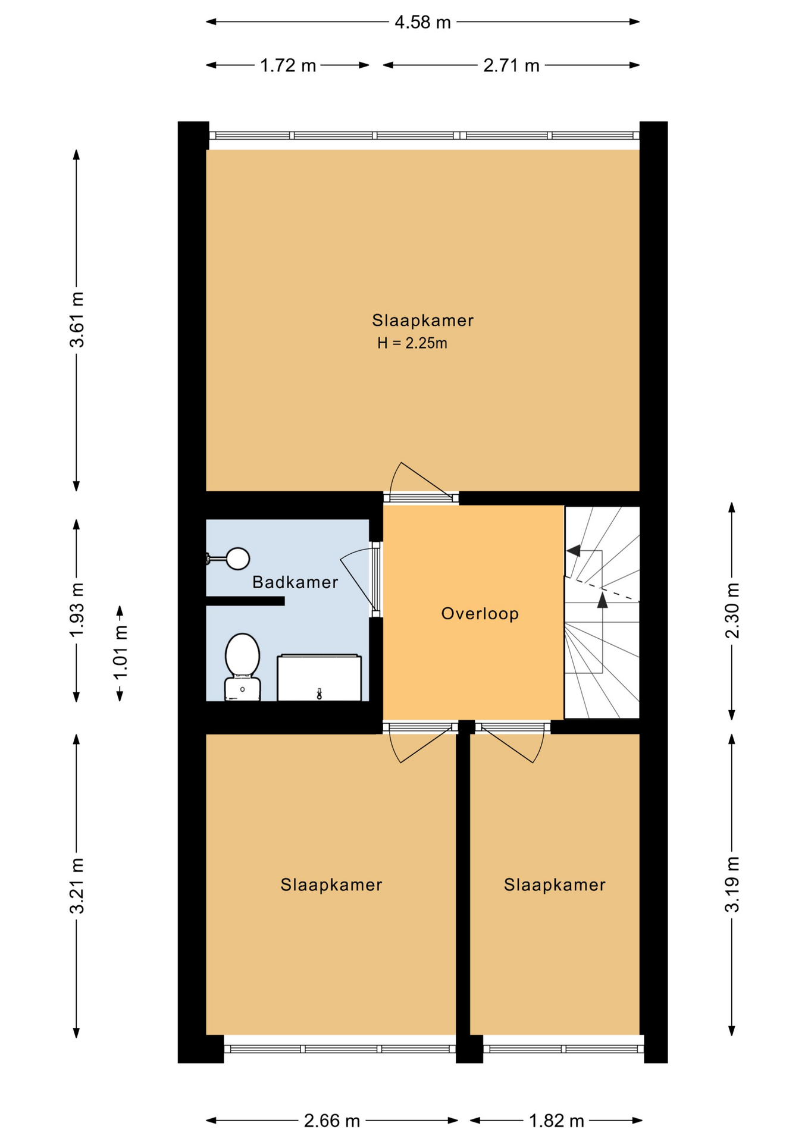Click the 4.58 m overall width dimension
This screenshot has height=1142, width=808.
[423, 23]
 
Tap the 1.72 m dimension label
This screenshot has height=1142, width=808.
[288, 65]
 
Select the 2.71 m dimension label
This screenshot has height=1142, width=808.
[511, 65]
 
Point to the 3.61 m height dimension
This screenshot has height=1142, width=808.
[77, 319]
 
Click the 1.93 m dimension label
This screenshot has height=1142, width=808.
[77, 610]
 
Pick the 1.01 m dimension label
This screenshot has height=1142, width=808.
[120, 652]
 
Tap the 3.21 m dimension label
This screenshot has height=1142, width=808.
[77, 886]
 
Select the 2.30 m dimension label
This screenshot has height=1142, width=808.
[732, 610]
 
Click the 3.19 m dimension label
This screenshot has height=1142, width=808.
[732, 884]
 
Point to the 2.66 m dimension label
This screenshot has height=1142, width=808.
[332, 1121]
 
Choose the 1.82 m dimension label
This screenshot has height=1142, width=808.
[557, 1121]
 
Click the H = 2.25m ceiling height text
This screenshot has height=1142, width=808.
[412, 343]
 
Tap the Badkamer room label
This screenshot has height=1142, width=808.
[295, 582]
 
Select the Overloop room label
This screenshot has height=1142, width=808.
[480, 614]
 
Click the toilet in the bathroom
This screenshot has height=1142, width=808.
[242, 667]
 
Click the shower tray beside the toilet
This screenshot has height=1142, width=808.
[320, 677]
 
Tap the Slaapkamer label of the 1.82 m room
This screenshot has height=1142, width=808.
[555, 885]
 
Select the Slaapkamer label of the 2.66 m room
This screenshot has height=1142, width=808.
[331, 885]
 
